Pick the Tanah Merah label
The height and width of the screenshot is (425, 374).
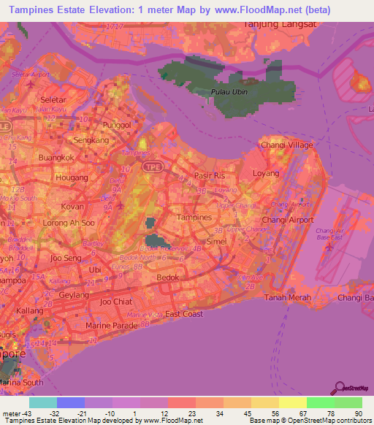click(288, 297)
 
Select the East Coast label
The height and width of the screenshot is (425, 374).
click(184, 314)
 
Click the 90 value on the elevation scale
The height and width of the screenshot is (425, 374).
click(357, 413)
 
